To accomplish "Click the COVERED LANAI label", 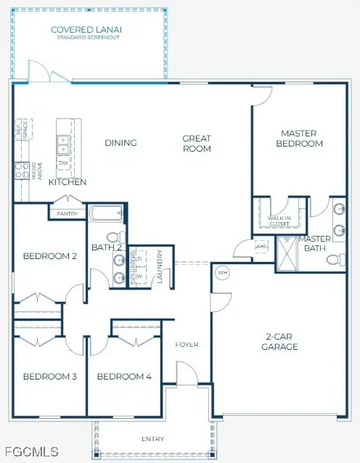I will (x=86, y=31).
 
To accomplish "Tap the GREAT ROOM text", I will (x=197, y=143).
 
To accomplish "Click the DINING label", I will (x=120, y=143).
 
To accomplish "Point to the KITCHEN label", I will (x=67, y=182).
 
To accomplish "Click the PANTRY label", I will (x=67, y=213).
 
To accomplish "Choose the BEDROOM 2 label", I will (x=49, y=255).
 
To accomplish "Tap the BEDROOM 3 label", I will (x=49, y=376).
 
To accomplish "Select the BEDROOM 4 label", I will (x=124, y=376).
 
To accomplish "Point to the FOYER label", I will (x=187, y=344).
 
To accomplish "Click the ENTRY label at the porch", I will (x=152, y=439).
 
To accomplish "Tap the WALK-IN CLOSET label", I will (x=279, y=220).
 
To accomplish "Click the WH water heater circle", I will (x=223, y=273).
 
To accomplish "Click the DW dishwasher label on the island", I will (x=63, y=163).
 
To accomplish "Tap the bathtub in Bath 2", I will (x=106, y=214).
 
